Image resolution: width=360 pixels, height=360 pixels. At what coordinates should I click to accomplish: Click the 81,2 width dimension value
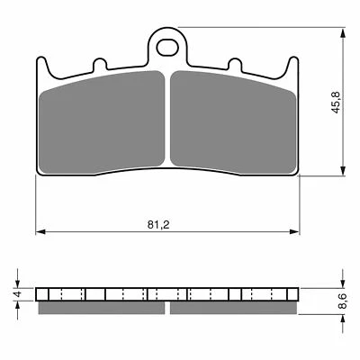tap(158, 225)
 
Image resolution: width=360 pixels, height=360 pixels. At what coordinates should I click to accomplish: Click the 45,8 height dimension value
tap(336, 102)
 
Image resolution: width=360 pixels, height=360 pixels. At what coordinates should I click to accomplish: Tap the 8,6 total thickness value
tap(342, 301)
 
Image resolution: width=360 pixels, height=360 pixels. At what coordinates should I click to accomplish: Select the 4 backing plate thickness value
tap(18, 294)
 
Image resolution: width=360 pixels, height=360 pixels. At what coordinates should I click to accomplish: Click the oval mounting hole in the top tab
tap(166, 48)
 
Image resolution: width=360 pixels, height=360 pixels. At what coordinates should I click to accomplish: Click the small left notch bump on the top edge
tap(100, 65)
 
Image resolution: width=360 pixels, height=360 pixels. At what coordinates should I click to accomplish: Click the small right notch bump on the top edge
tap(235, 65)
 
